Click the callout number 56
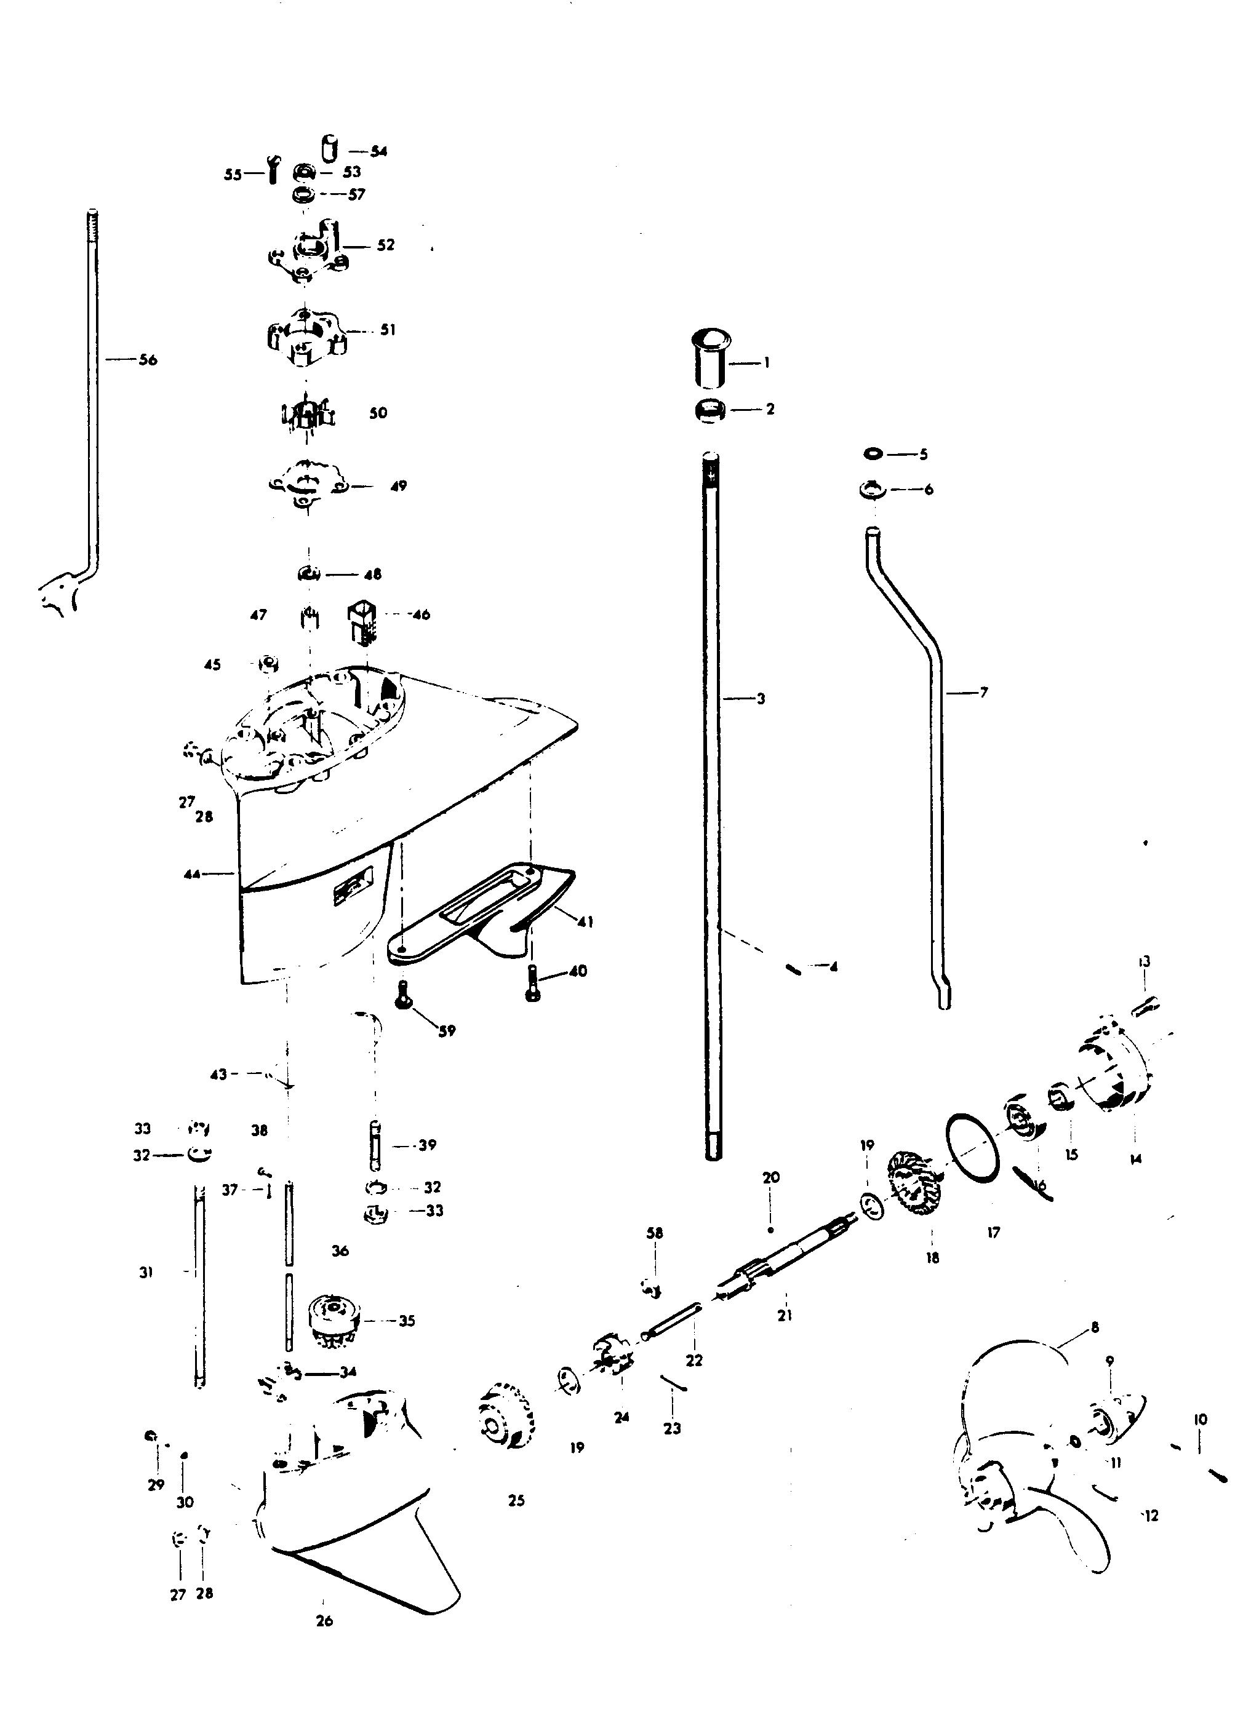pos(148,360)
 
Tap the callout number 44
pos(192,875)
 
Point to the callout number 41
pos(585,922)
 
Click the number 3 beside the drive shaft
pos(761,698)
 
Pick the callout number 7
pos(983,693)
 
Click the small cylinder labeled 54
pos(329,148)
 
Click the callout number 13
pos(1145,961)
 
